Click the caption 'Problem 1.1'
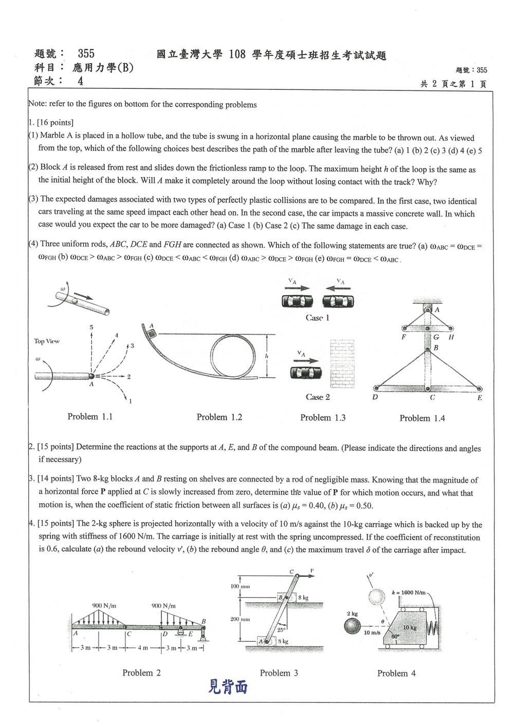90,416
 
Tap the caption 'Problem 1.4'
422,418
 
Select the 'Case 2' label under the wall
318,397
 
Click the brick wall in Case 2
342,364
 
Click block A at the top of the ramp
152,333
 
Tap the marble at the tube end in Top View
91,376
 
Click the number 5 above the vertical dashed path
91,327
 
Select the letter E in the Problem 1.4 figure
480,398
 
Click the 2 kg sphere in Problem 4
352,626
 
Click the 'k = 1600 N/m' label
409,592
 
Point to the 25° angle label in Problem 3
281,630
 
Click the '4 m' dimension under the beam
142,648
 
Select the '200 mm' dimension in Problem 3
240,619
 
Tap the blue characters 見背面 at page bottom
228,686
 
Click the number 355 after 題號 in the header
86,53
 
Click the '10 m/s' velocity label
372,633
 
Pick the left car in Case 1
297,301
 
